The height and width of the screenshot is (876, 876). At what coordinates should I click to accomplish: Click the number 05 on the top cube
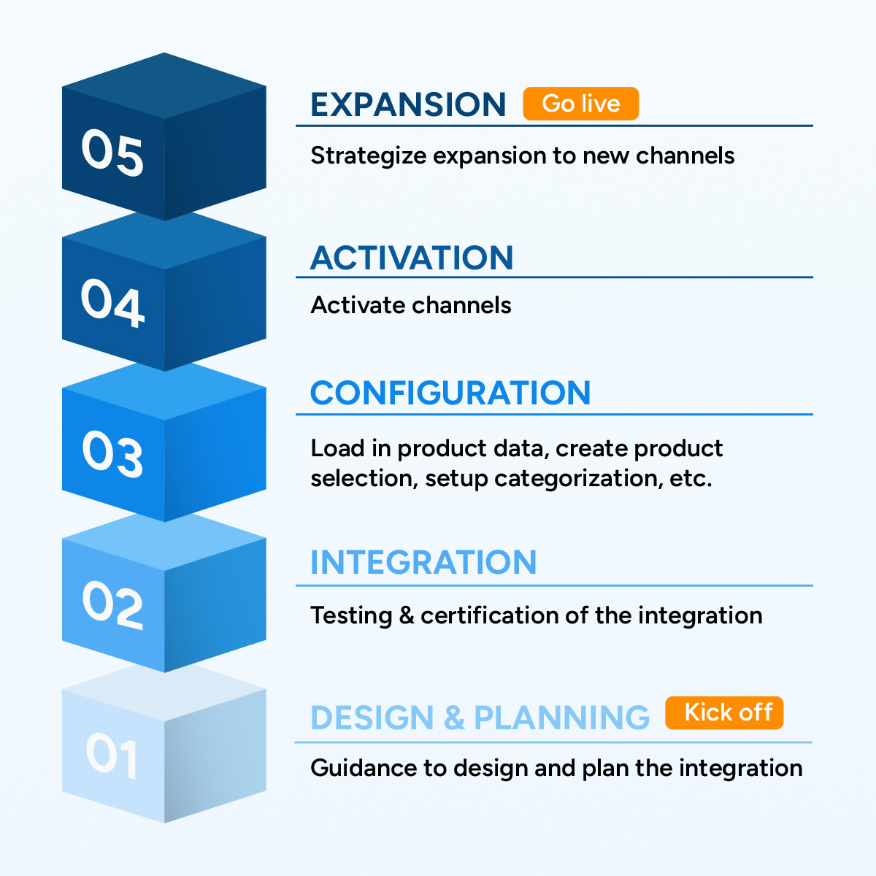coord(112,153)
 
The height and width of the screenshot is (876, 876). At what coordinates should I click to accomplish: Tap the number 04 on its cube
coord(112,303)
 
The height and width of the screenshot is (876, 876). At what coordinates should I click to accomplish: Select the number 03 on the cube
coord(112,453)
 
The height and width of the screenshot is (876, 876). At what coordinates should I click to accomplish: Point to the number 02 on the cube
coord(112,604)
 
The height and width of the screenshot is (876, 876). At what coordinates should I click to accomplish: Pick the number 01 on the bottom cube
coord(112,755)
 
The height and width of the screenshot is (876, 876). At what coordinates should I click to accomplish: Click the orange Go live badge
coord(580,104)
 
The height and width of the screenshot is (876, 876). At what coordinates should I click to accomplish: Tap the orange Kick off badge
coord(724,712)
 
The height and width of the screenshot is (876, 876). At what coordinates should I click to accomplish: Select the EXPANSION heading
coord(408,104)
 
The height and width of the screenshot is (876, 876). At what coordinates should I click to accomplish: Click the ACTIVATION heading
coord(412,258)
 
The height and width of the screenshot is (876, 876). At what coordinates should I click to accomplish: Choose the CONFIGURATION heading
coord(450,393)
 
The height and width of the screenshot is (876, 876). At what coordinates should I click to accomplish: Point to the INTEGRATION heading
coord(423,562)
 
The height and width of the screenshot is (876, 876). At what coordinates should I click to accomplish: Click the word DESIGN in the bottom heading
coord(372,718)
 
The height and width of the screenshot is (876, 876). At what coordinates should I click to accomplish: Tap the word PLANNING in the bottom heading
coord(562,718)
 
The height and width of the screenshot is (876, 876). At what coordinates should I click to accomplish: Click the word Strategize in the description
coord(369,156)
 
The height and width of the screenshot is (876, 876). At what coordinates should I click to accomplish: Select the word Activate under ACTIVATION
coord(356,305)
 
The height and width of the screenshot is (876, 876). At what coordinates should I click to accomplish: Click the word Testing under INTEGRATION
coord(351,616)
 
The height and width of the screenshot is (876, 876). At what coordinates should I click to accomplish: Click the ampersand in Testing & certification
coord(407,615)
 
